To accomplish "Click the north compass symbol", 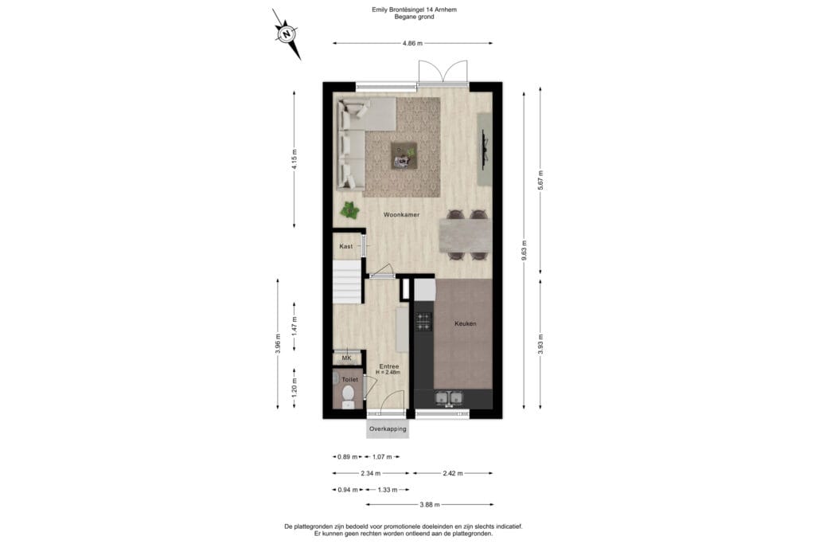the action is click(287, 34).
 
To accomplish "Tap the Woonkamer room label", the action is click(401, 215).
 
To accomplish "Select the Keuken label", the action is click(465, 323).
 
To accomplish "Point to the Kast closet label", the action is click(345, 247).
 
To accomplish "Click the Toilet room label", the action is click(350, 380).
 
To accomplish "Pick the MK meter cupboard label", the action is click(347, 358).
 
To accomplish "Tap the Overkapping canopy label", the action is click(388, 429).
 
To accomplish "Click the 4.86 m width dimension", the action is click(413, 44).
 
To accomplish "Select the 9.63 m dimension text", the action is click(524, 250).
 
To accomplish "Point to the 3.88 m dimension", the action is click(430, 504).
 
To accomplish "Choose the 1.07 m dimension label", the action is click(382, 457).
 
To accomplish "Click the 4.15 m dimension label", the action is click(294, 159).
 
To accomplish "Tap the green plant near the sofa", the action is click(350, 210).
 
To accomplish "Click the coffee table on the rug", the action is click(404, 155).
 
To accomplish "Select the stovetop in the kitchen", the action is click(423, 322).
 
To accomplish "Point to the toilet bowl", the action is click(349, 394).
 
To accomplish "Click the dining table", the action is click(465, 236).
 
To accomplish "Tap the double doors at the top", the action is click(443, 72).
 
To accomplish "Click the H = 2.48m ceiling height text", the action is click(388, 373).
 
